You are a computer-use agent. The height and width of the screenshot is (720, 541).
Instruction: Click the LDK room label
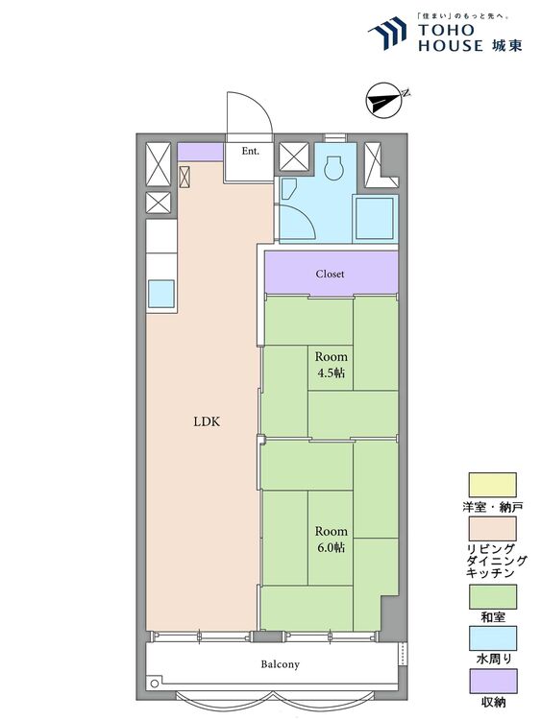(x=207, y=421)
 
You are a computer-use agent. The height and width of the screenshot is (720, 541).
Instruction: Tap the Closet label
(x=330, y=275)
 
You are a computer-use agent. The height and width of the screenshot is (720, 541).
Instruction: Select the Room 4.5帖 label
(x=331, y=364)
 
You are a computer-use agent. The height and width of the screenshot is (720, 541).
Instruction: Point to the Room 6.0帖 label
(x=331, y=540)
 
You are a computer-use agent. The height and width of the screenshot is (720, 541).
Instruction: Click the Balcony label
(x=280, y=664)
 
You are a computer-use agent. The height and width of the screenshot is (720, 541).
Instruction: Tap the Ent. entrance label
(x=251, y=151)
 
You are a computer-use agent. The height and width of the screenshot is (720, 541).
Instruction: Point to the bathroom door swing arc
(x=307, y=216)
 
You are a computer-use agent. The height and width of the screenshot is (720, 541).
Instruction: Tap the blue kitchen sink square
(x=160, y=294)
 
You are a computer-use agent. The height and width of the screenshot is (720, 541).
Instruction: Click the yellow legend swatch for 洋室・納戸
(x=492, y=485)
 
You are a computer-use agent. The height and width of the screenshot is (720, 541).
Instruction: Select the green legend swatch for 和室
(x=492, y=597)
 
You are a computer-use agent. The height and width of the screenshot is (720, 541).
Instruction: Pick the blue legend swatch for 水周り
(x=492, y=638)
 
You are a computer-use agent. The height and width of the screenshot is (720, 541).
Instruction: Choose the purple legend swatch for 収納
(x=492, y=681)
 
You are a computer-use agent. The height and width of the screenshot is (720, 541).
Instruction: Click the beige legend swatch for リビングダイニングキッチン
(x=492, y=529)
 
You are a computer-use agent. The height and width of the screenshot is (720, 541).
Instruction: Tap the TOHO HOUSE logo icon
(x=387, y=33)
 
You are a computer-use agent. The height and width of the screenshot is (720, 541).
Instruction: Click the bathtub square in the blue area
(x=375, y=217)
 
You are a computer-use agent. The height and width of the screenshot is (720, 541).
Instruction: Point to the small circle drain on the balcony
(x=155, y=684)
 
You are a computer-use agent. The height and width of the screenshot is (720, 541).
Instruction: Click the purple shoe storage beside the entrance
(x=200, y=152)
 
